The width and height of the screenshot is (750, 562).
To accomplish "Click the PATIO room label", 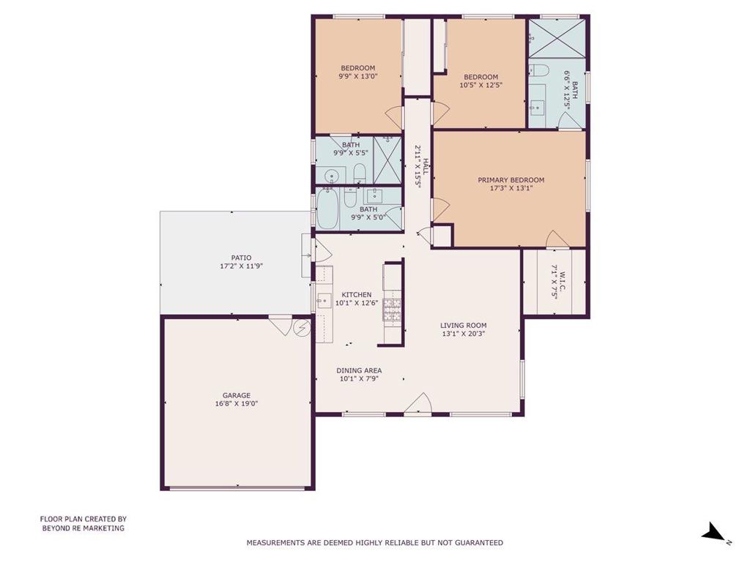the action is [x=241, y=258].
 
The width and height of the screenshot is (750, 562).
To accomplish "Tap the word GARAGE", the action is [x=237, y=396].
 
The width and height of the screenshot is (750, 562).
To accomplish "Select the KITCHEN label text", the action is [x=357, y=295].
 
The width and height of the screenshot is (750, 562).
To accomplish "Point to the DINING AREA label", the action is [x=359, y=371].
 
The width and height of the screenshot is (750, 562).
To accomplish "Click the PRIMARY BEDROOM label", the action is [x=510, y=180].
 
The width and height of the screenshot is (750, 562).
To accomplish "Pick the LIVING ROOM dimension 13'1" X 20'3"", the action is [x=464, y=334].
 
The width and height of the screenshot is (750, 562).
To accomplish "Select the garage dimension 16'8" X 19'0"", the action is [x=237, y=404].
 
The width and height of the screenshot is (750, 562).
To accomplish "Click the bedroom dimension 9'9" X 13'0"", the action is [x=357, y=76].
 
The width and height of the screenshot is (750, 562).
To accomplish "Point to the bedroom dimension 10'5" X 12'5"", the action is [x=480, y=85].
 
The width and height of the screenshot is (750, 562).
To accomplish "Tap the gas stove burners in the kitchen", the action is [x=392, y=310].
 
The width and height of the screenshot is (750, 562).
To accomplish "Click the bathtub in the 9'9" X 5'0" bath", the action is [x=327, y=209].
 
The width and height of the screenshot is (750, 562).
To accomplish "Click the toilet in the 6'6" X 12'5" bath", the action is [x=537, y=70].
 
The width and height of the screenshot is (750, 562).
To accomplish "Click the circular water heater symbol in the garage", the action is [x=302, y=328].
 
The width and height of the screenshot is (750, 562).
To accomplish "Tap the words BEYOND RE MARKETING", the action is [x=83, y=528].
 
